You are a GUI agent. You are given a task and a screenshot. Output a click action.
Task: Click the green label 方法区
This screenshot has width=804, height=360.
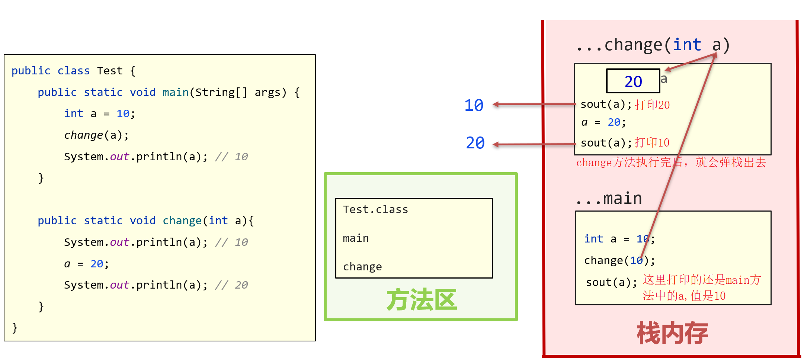click(421, 300)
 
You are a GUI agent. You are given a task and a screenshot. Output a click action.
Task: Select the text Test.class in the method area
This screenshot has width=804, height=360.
click(375, 209)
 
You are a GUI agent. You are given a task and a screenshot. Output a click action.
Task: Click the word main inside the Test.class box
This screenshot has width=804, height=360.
click(356, 238)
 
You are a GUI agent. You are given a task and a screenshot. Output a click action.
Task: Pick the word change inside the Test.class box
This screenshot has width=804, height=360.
click(362, 267)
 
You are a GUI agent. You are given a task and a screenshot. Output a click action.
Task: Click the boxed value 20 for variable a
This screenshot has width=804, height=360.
click(633, 81)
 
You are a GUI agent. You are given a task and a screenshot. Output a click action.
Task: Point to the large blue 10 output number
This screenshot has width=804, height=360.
click(474, 105)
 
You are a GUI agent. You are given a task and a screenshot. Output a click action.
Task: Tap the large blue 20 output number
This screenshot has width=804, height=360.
click(475, 143)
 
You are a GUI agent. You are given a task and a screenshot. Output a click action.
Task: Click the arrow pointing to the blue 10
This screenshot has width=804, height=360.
click(534, 105)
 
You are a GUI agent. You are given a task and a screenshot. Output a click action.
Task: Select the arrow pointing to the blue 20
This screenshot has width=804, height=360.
click(534, 144)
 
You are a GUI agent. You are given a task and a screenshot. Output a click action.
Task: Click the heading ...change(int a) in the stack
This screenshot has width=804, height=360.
click(653, 45)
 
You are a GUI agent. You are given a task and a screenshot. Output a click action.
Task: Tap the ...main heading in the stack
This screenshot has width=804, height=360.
click(609, 199)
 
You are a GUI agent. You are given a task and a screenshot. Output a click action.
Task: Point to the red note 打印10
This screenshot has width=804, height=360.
click(652, 143)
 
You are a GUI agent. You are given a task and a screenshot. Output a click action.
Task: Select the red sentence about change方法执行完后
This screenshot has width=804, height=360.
click(671, 163)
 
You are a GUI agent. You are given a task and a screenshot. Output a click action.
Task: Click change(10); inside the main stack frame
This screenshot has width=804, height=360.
click(619, 260)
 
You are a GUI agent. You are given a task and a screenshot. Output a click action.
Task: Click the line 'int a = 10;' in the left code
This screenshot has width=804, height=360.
click(100, 113)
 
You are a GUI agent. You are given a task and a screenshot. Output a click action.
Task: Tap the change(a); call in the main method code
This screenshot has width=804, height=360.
click(96, 135)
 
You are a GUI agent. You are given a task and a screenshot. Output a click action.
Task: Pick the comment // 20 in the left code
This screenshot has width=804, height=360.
click(231, 285)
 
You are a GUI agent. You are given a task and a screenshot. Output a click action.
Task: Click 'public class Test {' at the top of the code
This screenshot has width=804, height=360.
click(74, 71)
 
